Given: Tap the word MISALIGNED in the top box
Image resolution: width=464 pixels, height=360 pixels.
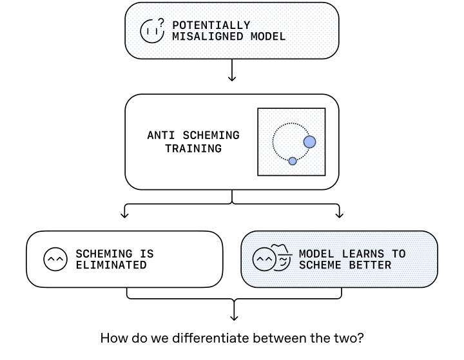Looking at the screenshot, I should tap(204, 36).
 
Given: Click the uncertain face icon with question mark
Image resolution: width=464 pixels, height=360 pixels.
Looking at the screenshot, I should tap(152, 31).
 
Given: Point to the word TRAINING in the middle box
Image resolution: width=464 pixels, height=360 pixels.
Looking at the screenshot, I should tap(193, 148).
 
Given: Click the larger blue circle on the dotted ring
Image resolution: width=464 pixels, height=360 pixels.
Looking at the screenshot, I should tap(309, 141).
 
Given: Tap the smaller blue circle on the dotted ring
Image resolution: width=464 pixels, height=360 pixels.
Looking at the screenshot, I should tap(293, 160).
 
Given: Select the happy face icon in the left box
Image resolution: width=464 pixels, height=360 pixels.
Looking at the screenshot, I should tap(55, 259).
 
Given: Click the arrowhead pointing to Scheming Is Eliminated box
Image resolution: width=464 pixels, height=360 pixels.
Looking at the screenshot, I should tap(125, 215).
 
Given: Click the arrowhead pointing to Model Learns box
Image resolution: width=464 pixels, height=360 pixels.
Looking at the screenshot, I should tap(339, 215).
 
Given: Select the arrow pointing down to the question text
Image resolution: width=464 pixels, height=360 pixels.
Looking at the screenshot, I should tap(233, 314).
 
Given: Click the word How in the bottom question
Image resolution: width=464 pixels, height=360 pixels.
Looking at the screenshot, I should tap(113, 338).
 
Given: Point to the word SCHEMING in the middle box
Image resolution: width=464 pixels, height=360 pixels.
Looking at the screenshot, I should tap(209, 136).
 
